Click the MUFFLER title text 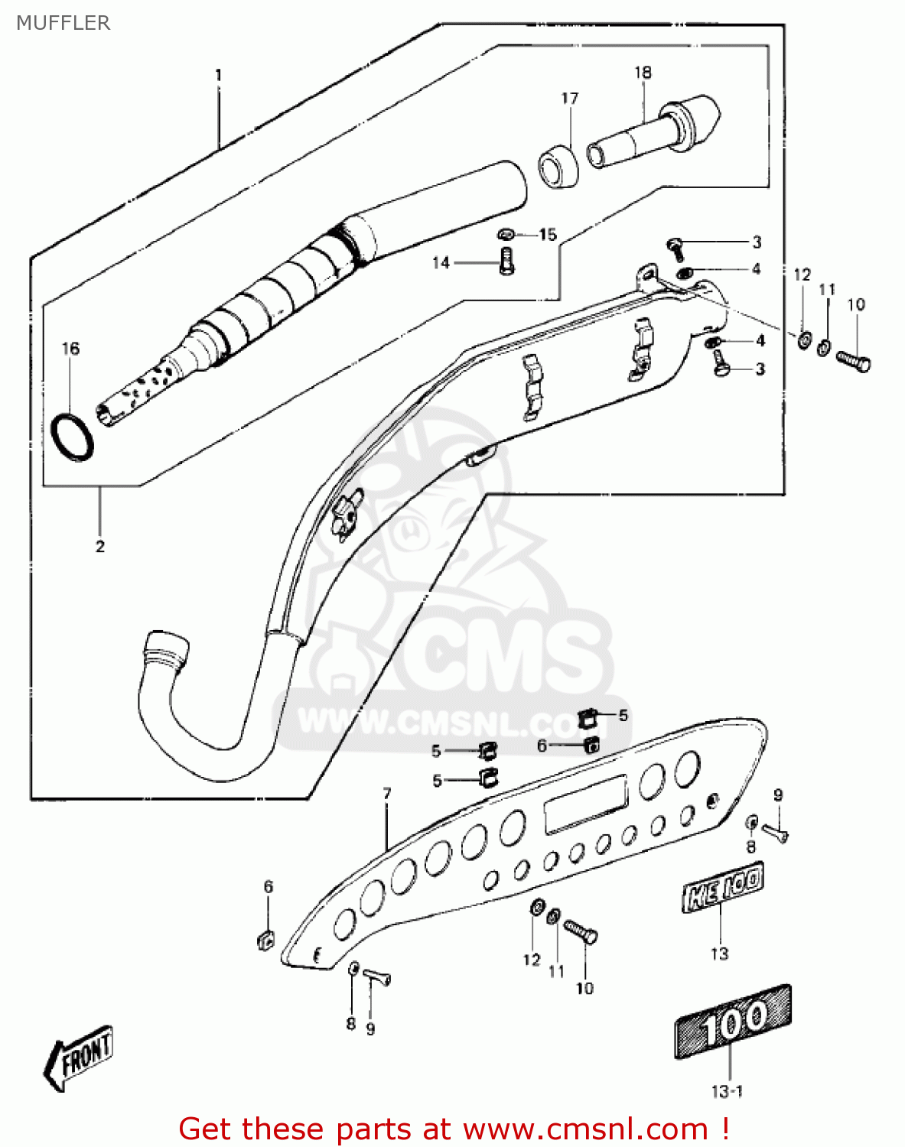pyautogui.click(x=63, y=23)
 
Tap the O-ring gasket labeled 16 pyautogui.click(x=73, y=437)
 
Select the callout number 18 pyautogui.click(x=643, y=73)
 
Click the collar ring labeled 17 pyautogui.click(x=558, y=165)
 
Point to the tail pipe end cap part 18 pyautogui.click(x=658, y=131)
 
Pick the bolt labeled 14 pyautogui.click(x=506, y=262)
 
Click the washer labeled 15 pyautogui.click(x=506, y=232)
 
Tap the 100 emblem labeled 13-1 pyautogui.click(x=732, y=1022)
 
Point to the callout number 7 pyautogui.click(x=387, y=794)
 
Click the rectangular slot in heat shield pyautogui.click(x=585, y=804)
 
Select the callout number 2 pyautogui.click(x=100, y=547)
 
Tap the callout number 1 pyautogui.click(x=218, y=76)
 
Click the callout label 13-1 pyautogui.click(x=727, y=1091)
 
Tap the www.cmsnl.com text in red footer pyautogui.click(x=585, y=1129)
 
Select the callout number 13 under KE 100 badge pyautogui.click(x=719, y=954)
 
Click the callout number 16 pyautogui.click(x=70, y=349)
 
